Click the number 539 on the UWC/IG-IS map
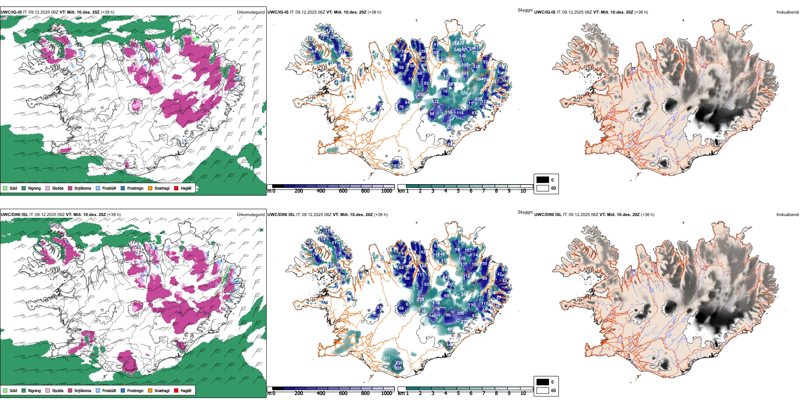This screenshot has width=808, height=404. (464, 93)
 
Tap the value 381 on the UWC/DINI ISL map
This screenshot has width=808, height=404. (386, 358)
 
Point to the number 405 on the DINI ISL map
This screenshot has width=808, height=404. (450, 329)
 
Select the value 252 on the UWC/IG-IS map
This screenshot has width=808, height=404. (450, 127)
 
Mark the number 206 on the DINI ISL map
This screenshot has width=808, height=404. (460, 313)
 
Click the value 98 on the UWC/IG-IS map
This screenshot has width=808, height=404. (432, 114)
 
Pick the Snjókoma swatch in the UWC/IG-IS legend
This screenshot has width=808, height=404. (70, 188)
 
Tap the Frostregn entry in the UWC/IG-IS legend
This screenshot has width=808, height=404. (135, 188)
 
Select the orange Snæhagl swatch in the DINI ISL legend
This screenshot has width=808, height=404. (150, 390)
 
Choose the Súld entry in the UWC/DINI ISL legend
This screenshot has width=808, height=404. (13, 390)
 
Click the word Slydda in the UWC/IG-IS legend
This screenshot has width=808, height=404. (58, 188)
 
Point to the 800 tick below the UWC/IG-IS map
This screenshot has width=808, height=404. (365, 191)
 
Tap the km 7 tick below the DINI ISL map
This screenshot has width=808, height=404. (484, 393)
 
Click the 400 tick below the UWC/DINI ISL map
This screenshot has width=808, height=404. (321, 393)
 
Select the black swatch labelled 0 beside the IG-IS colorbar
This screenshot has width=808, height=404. (543, 180)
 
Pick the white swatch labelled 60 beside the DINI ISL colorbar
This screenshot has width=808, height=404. (543, 390)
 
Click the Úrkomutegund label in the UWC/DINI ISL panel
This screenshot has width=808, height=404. (250, 214)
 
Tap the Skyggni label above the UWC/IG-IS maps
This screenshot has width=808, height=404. (525, 10)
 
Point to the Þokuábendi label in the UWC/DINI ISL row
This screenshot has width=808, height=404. (788, 214)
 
